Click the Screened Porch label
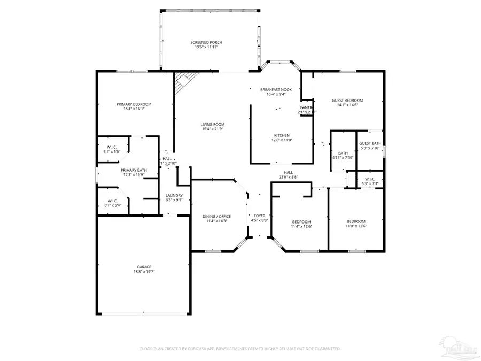pos(206,42)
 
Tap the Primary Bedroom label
pos(134,104)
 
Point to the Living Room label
pos(212,124)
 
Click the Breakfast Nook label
pos(276,89)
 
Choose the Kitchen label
pos(282,135)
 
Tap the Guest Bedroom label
pos(347,101)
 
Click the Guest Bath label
pos(370,143)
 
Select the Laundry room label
pos(174,195)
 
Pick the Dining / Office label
pos(217,216)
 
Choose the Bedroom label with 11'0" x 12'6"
pos(356,221)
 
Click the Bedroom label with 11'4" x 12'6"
pos(301,221)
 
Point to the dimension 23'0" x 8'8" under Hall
pos(288,177)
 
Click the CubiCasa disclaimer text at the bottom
pos(241,349)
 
